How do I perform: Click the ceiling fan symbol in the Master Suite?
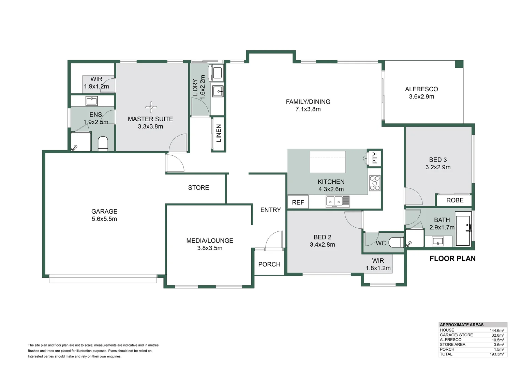click(x=151, y=107)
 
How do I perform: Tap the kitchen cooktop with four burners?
click(x=375, y=183)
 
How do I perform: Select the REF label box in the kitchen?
click(x=298, y=202)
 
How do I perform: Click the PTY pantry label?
click(x=375, y=158)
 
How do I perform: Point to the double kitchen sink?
click(x=338, y=201)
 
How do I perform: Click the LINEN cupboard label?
click(x=219, y=133)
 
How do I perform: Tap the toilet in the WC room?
click(x=396, y=243)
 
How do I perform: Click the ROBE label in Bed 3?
click(x=455, y=200)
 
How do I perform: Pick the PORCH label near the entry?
click(x=269, y=264)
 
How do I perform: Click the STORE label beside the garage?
click(x=198, y=188)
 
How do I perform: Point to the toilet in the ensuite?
click(x=103, y=144)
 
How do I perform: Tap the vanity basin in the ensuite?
click(x=92, y=101)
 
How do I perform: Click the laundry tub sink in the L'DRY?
click(x=218, y=91)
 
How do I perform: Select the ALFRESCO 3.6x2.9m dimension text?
click(x=421, y=96)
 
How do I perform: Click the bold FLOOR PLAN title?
click(x=452, y=259)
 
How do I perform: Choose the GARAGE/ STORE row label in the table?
click(x=456, y=335)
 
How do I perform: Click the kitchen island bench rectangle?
click(x=327, y=162)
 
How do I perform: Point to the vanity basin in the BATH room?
click(x=438, y=241)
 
